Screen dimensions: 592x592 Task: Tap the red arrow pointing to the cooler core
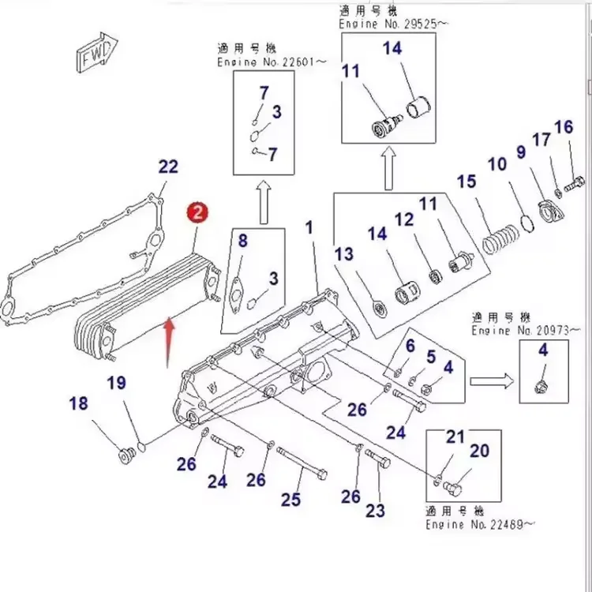[x=168, y=340]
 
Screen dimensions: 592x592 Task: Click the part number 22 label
[x=168, y=167]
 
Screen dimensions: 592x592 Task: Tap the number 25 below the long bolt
[x=290, y=500]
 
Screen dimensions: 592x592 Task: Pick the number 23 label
[x=375, y=510]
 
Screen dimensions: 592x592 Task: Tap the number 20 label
[x=479, y=451]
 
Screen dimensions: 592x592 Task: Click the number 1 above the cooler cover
[x=309, y=227]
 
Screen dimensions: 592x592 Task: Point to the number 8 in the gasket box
[x=242, y=241]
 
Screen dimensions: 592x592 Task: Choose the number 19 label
[x=116, y=384]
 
